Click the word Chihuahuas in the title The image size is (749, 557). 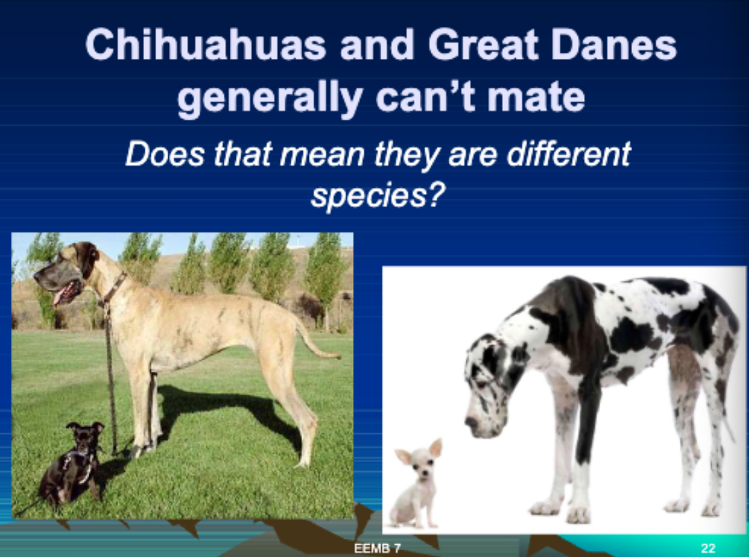click(x=206, y=45)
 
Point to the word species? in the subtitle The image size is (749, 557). click(x=378, y=195)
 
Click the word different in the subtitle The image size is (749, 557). click(x=569, y=154)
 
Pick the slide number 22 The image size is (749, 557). click(x=708, y=548)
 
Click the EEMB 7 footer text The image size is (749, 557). click(x=377, y=548)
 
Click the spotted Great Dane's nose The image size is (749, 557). click(x=471, y=422)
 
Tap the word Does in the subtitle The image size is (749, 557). click(x=165, y=154)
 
